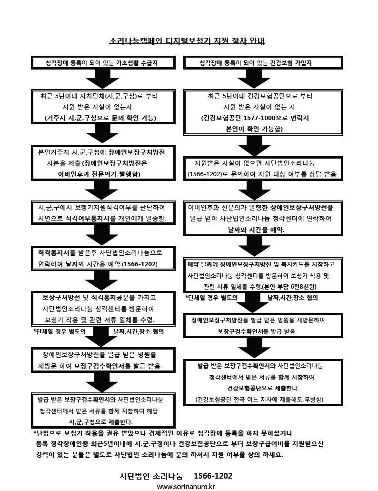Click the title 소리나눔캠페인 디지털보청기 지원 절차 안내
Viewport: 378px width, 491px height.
(187, 40)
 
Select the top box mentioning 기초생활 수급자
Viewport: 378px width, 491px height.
(103, 63)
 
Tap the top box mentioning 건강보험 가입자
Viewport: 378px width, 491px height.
(263, 63)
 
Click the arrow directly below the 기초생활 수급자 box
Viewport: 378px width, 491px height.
(102, 79)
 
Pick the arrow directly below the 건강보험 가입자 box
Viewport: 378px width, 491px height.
(254, 79)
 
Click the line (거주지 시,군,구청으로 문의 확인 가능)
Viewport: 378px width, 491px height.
(100, 118)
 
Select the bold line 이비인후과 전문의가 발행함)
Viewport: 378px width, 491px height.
(99, 174)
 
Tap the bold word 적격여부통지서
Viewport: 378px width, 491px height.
(90, 219)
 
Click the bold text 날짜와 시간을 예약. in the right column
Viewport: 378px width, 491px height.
(256, 230)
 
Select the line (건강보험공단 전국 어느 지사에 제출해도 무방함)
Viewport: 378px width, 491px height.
(259, 400)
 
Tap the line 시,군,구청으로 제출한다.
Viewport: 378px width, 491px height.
(101, 422)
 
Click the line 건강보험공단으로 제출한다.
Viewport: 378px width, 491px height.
(263, 388)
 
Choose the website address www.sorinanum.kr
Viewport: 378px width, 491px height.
(186, 487)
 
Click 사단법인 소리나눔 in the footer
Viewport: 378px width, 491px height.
(151, 476)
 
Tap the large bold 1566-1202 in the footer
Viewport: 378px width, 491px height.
(213, 476)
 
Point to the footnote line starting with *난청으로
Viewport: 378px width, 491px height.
(163, 433)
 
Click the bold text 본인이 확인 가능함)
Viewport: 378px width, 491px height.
(254, 129)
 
